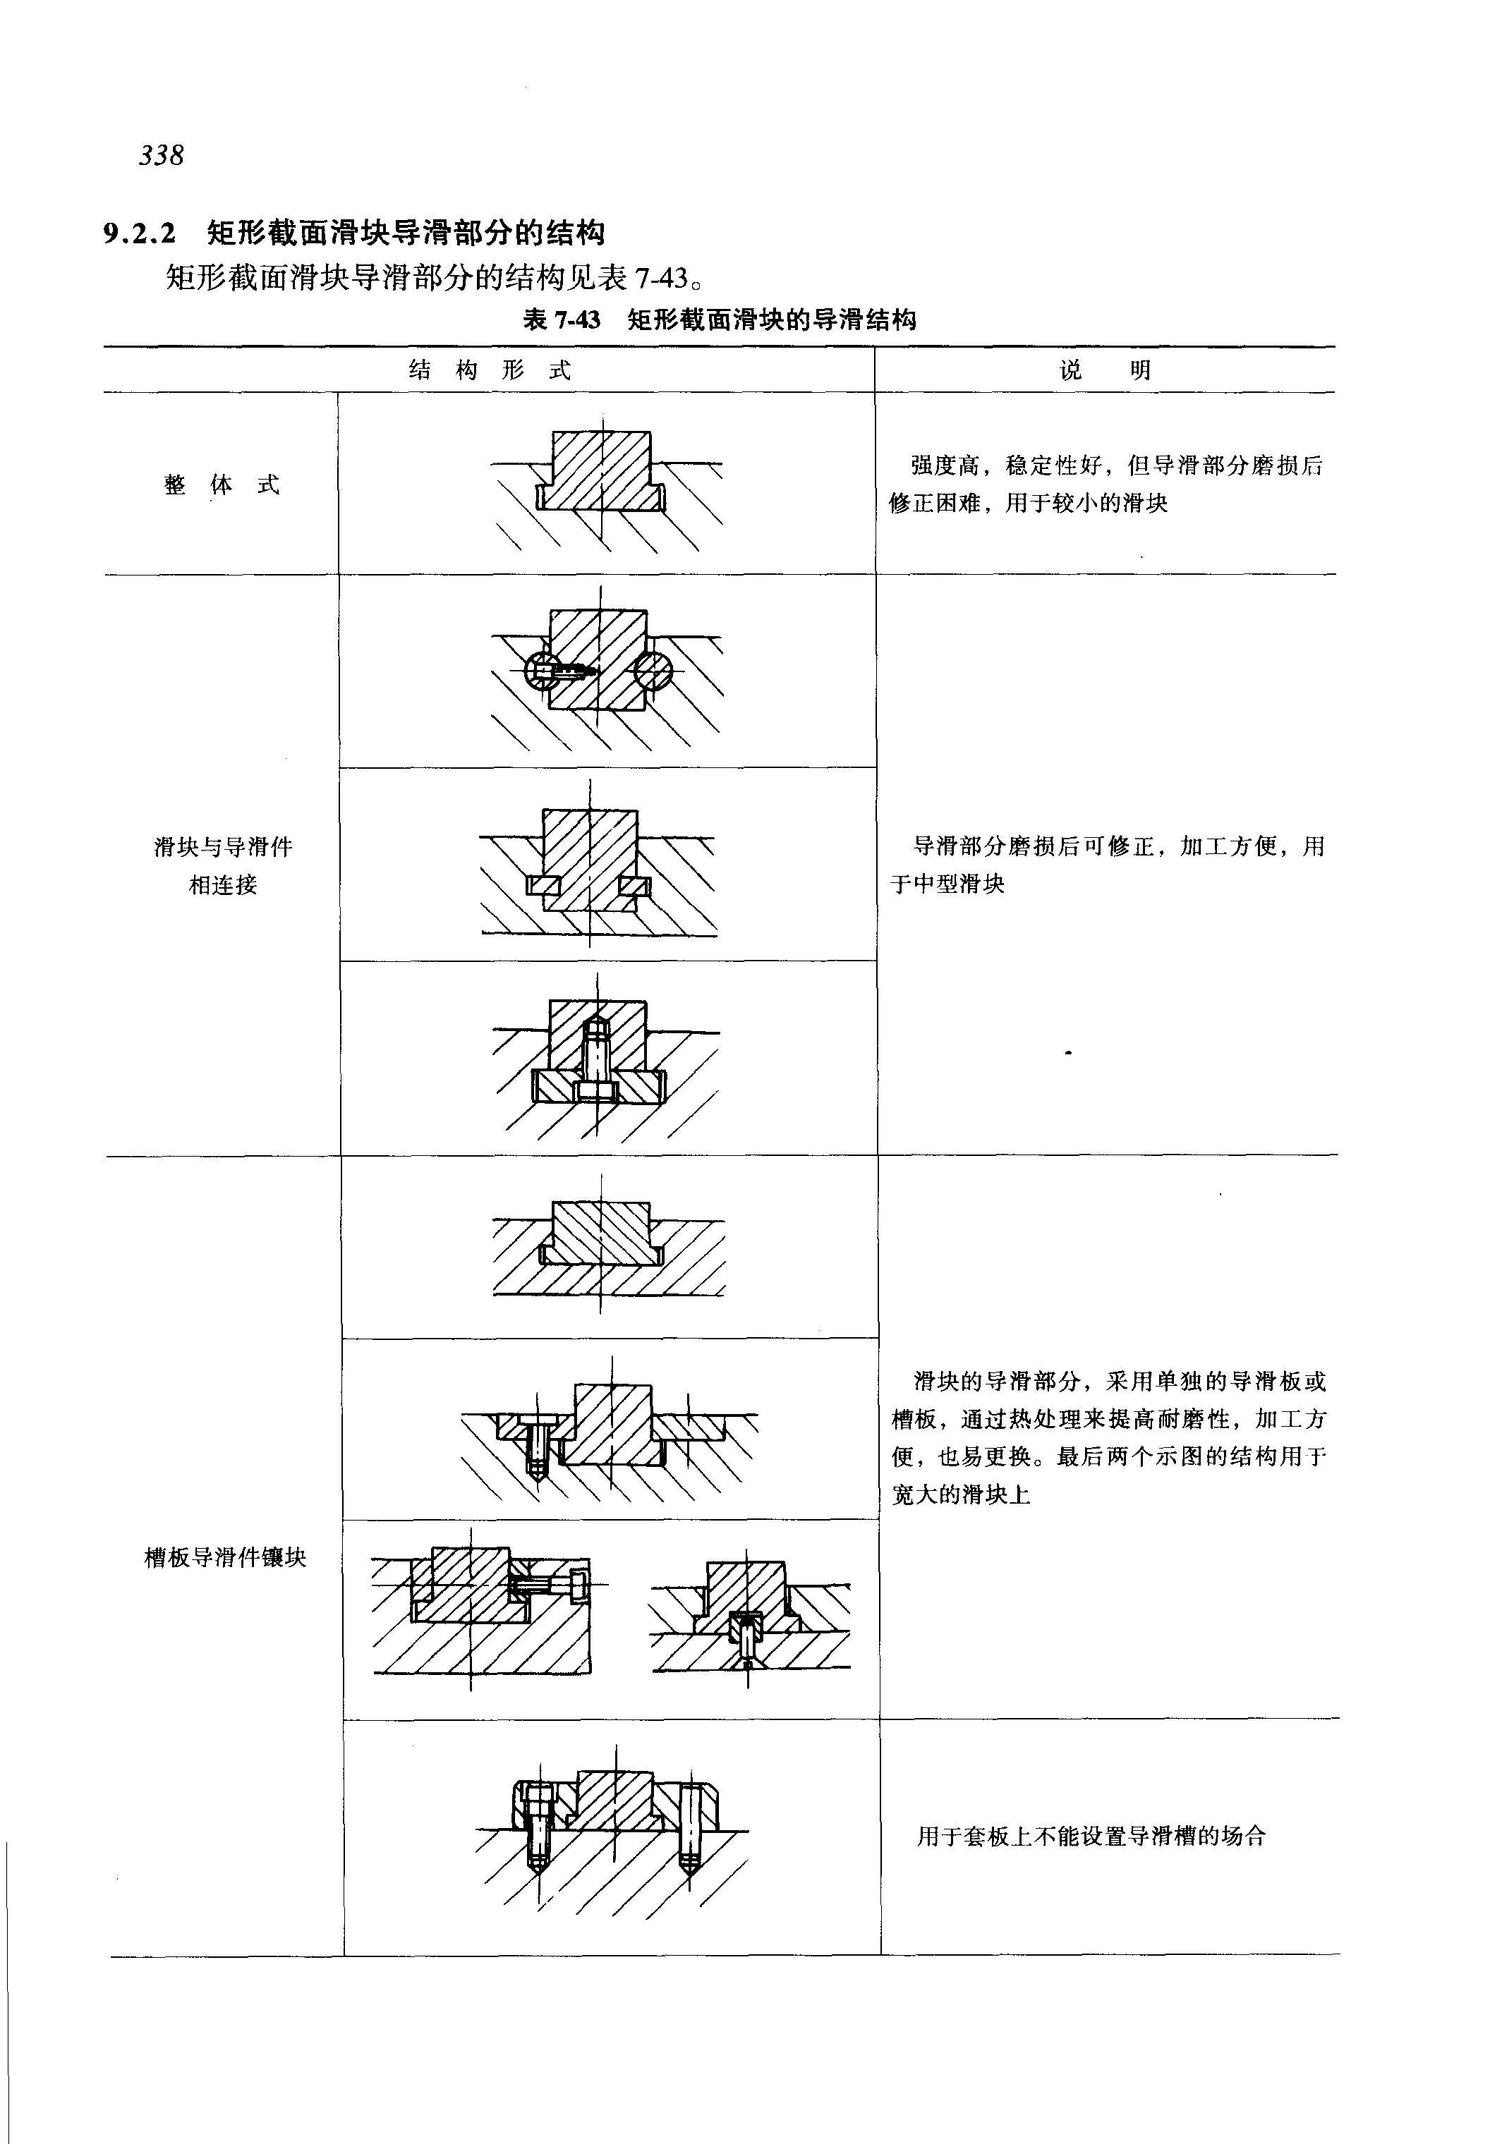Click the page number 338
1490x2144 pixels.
tap(162, 155)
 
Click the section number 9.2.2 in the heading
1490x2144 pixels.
tap(140, 233)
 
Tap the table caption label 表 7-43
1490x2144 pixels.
tap(561, 320)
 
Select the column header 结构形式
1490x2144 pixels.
tap(489, 370)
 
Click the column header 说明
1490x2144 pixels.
tap(1106, 370)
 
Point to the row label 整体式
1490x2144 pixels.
tap(222, 485)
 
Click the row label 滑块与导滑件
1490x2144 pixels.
tap(223, 846)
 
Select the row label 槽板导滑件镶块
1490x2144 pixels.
tap(225, 1557)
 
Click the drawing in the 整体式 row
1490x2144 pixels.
tap(607, 485)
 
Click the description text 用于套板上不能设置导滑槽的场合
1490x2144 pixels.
tap(1091, 1836)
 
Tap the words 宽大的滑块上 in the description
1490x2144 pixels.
tap(961, 1494)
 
